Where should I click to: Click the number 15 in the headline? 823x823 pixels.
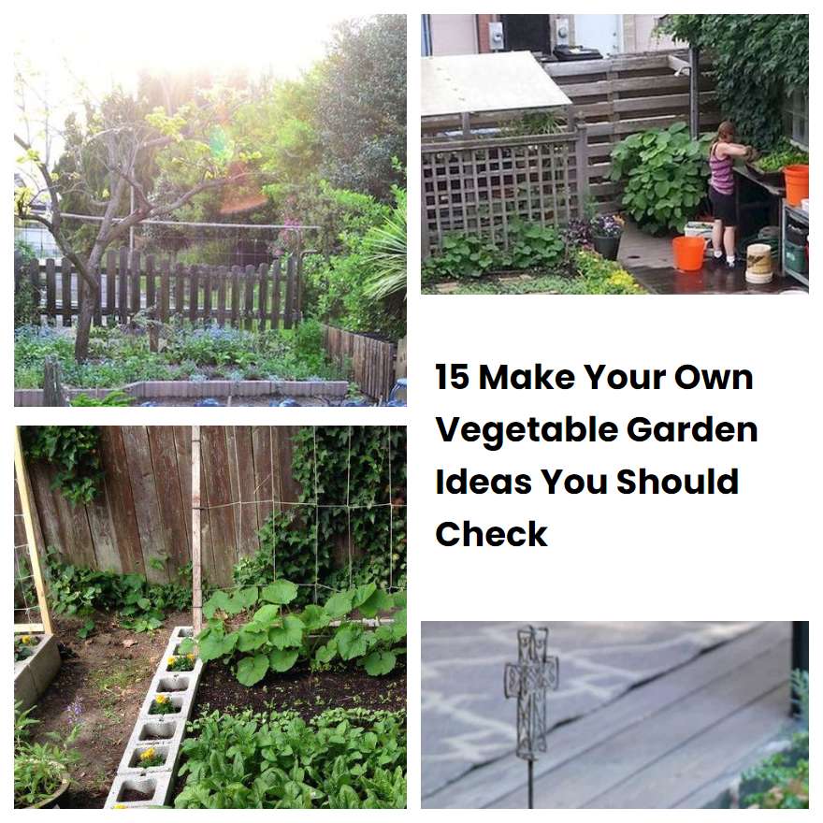pos(453,378)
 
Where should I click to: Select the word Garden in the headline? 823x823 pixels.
pos(692,430)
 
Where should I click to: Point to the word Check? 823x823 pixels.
pos(491,534)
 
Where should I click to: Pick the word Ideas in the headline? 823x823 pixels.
pos(483,482)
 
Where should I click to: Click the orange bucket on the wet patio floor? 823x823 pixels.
pos(688,253)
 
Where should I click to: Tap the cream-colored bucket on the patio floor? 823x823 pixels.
pos(758,263)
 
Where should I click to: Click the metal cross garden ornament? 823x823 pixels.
pos(531,687)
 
